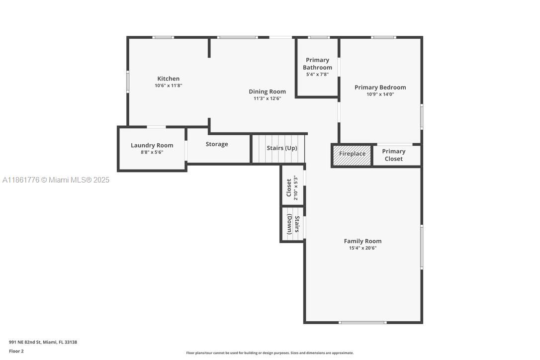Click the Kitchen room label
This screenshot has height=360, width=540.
point(168,79)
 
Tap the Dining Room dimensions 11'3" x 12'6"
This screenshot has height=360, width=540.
point(267,98)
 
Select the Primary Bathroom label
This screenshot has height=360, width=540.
point(317,64)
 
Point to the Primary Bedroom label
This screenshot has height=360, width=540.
point(380,88)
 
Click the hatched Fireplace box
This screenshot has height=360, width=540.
point(352,154)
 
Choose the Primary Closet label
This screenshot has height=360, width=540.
point(393,155)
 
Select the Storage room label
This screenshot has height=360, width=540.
point(217,144)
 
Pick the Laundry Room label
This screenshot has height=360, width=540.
point(152,145)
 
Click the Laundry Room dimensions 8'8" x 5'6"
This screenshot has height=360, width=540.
point(152,152)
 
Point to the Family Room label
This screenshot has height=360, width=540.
point(362,241)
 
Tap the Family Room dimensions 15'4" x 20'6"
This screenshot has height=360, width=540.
point(362,248)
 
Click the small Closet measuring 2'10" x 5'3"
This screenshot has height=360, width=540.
point(292,188)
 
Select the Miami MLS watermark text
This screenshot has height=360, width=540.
point(56,180)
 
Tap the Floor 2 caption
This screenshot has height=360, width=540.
point(16,351)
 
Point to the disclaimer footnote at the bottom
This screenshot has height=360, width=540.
point(270,353)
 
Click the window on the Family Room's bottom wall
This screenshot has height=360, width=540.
point(362,323)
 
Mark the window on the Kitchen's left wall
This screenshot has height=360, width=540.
point(128,82)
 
